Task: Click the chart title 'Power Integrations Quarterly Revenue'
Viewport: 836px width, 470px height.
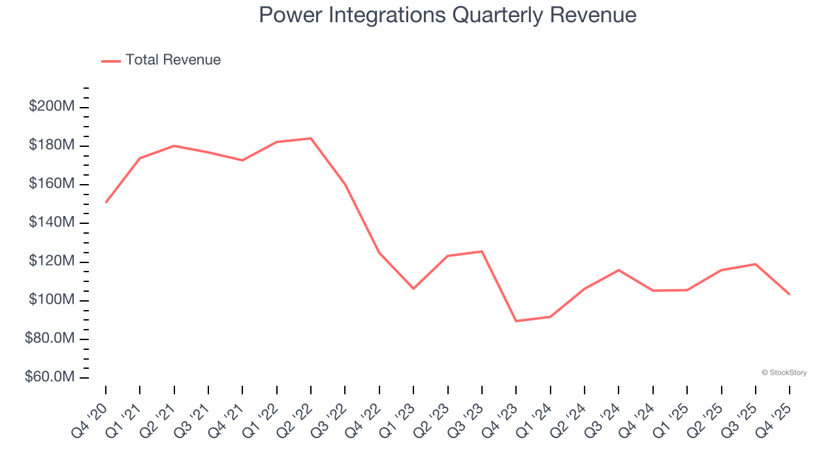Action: (x=447, y=14)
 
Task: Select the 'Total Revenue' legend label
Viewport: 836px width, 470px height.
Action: (x=173, y=60)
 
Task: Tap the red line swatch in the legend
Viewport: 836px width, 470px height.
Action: (x=111, y=61)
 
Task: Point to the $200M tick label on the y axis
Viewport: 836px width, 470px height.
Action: (x=52, y=106)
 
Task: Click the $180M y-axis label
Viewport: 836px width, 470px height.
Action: (x=52, y=145)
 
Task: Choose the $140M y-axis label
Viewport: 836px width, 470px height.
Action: (x=52, y=223)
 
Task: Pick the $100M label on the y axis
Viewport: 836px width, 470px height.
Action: (x=52, y=300)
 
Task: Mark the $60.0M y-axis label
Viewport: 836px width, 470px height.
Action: (x=49, y=377)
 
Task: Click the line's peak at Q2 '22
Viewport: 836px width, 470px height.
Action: (x=311, y=138)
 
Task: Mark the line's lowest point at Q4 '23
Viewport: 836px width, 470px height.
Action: (x=516, y=321)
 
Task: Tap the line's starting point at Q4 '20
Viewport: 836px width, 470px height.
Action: (x=106, y=202)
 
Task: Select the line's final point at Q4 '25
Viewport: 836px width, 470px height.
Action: (x=789, y=294)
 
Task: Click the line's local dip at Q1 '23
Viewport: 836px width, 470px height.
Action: (x=413, y=288)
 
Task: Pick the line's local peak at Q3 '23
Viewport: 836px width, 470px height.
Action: (x=482, y=251)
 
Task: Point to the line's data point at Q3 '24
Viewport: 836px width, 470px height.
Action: (x=619, y=270)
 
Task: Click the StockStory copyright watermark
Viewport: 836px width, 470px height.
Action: (x=784, y=373)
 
